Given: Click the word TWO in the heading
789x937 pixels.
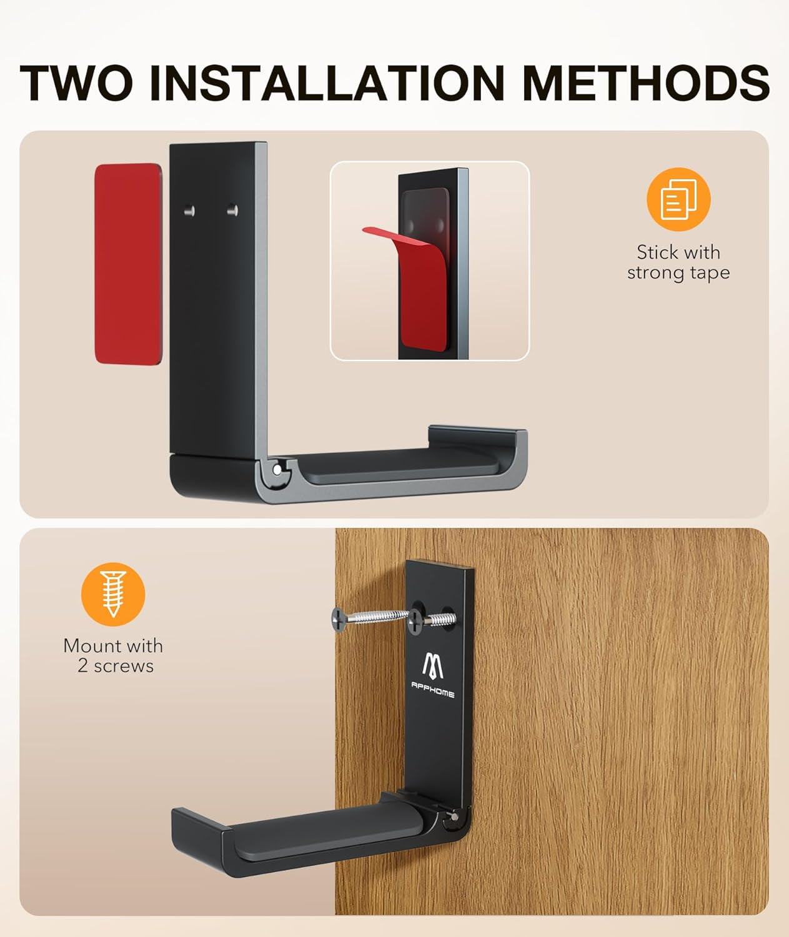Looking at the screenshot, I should tap(76, 82).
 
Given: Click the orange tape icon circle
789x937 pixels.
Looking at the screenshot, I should tap(678, 199).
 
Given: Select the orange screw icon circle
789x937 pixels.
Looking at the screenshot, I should tap(113, 594).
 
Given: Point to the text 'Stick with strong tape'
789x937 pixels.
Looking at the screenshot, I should tap(678, 262).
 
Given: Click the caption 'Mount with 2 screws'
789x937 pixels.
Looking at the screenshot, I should tap(114, 655).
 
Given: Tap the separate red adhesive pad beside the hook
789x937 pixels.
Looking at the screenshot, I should tap(128, 264).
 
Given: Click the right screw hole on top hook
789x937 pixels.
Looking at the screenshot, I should tap(232, 209).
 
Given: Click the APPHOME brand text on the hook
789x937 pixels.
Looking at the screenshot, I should tap(432, 690).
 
